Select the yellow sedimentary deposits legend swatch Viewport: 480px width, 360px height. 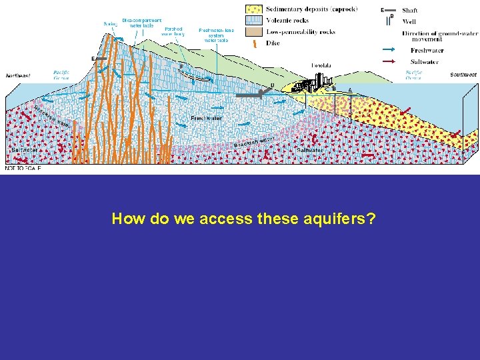point(253,9)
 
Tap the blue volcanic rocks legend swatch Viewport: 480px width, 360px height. point(253,21)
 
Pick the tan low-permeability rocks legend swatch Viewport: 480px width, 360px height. point(253,31)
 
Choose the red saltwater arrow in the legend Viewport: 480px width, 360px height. point(394,62)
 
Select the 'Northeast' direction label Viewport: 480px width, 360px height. point(18,76)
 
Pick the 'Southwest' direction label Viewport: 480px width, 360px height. point(463,75)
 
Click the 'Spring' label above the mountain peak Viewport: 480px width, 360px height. point(111,24)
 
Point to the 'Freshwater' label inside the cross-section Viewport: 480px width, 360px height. point(206,118)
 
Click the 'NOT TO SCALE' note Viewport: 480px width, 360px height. point(23,169)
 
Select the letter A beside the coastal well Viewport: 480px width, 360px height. point(350,90)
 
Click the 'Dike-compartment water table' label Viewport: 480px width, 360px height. point(141,23)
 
